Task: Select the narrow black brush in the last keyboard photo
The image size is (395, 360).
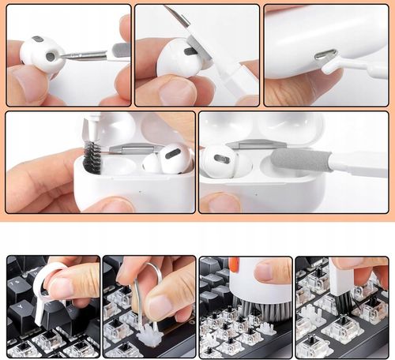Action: click(x=333, y=307)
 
